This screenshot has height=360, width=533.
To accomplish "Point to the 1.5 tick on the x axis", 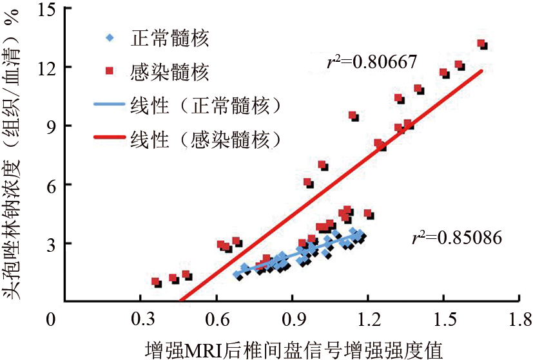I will tap(443, 319).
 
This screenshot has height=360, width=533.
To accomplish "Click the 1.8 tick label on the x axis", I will tap(519, 319).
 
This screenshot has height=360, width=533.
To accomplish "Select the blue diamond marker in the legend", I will tap(110, 37).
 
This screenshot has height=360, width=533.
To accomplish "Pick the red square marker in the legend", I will tap(110, 71).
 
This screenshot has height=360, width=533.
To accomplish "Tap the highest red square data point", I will tap(480, 44).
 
